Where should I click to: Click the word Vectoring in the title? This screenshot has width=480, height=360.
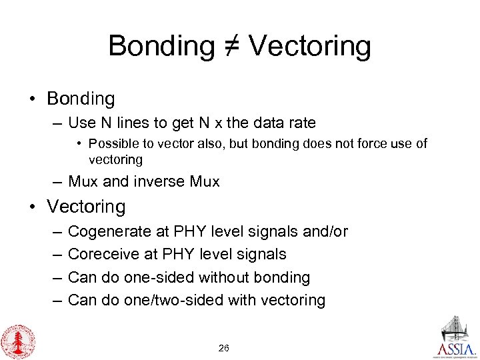(312, 47)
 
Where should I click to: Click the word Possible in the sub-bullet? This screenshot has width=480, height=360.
(111, 143)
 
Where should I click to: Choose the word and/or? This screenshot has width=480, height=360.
(323, 231)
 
